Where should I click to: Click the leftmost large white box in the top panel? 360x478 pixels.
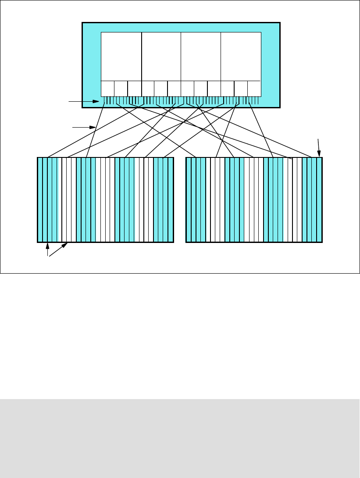tap(121, 56)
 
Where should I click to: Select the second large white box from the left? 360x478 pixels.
tap(161, 56)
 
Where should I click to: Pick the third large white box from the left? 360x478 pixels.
tap(201, 56)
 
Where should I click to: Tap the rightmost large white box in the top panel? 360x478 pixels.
tap(241, 56)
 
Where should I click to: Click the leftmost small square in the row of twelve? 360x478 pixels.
tap(107, 89)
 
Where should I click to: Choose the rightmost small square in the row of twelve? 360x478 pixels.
tap(254, 89)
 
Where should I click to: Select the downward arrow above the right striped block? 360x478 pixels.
tap(319, 148)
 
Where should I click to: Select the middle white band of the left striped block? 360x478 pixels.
tap(105, 200)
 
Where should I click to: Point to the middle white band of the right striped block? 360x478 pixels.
tap(254, 200)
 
